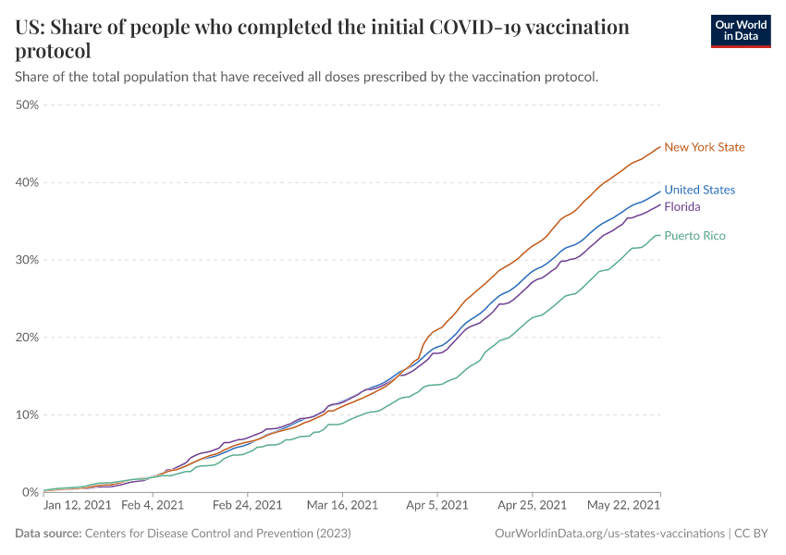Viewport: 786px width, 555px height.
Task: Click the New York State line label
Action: tap(704, 147)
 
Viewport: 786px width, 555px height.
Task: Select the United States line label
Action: tap(699, 190)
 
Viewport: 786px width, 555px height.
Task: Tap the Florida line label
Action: tap(682, 206)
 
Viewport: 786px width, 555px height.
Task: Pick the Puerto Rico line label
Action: tap(694, 236)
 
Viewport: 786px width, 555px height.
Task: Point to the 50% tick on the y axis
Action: tap(27, 105)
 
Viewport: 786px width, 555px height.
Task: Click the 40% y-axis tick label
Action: tap(27, 182)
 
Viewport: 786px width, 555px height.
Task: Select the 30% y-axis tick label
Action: tap(27, 260)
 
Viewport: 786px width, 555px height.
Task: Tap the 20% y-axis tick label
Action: tap(27, 338)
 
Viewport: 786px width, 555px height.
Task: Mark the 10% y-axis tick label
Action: tap(27, 415)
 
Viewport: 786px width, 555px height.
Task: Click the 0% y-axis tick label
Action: tap(30, 493)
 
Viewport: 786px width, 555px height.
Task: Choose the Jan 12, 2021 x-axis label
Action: tap(78, 506)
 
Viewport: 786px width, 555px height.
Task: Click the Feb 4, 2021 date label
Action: tap(154, 506)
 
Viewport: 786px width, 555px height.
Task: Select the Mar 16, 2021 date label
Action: tap(342, 506)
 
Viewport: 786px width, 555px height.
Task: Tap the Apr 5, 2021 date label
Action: tap(436, 506)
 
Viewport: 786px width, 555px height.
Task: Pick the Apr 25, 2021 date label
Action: tap(532, 506)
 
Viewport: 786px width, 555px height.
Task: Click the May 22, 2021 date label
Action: tap(624, 506)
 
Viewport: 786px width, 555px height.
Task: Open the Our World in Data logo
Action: tap(740, 31)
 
